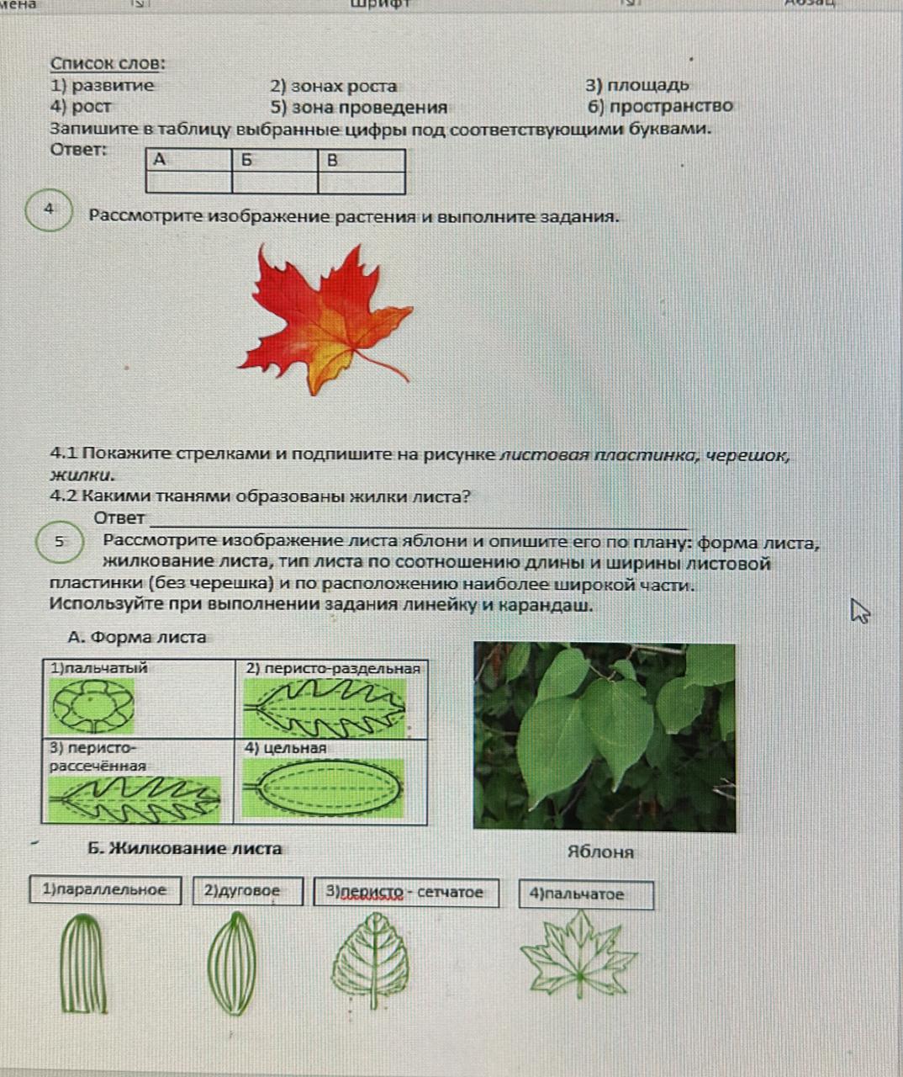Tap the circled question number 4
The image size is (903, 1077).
[50, 210]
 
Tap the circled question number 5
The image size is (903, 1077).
[60, 542]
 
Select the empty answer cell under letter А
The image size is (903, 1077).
[188, 183]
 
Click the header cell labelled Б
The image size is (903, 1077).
[274, 160]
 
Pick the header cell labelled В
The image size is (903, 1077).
[361, 160]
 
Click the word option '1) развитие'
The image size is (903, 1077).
[103, 85]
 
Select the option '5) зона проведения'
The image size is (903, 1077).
[358, 108]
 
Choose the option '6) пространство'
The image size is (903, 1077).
[660, 107]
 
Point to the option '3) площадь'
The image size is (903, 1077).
[637, 85]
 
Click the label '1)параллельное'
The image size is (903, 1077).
[105, 890]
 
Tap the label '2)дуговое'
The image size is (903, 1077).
[247, 890]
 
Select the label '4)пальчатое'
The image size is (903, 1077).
[585, 894]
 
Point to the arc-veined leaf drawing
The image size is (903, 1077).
[231, 964]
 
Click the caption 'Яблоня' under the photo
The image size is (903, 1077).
[600, 852]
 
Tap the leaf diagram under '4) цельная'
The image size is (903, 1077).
[324, 788]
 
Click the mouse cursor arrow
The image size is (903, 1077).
[858, 610]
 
